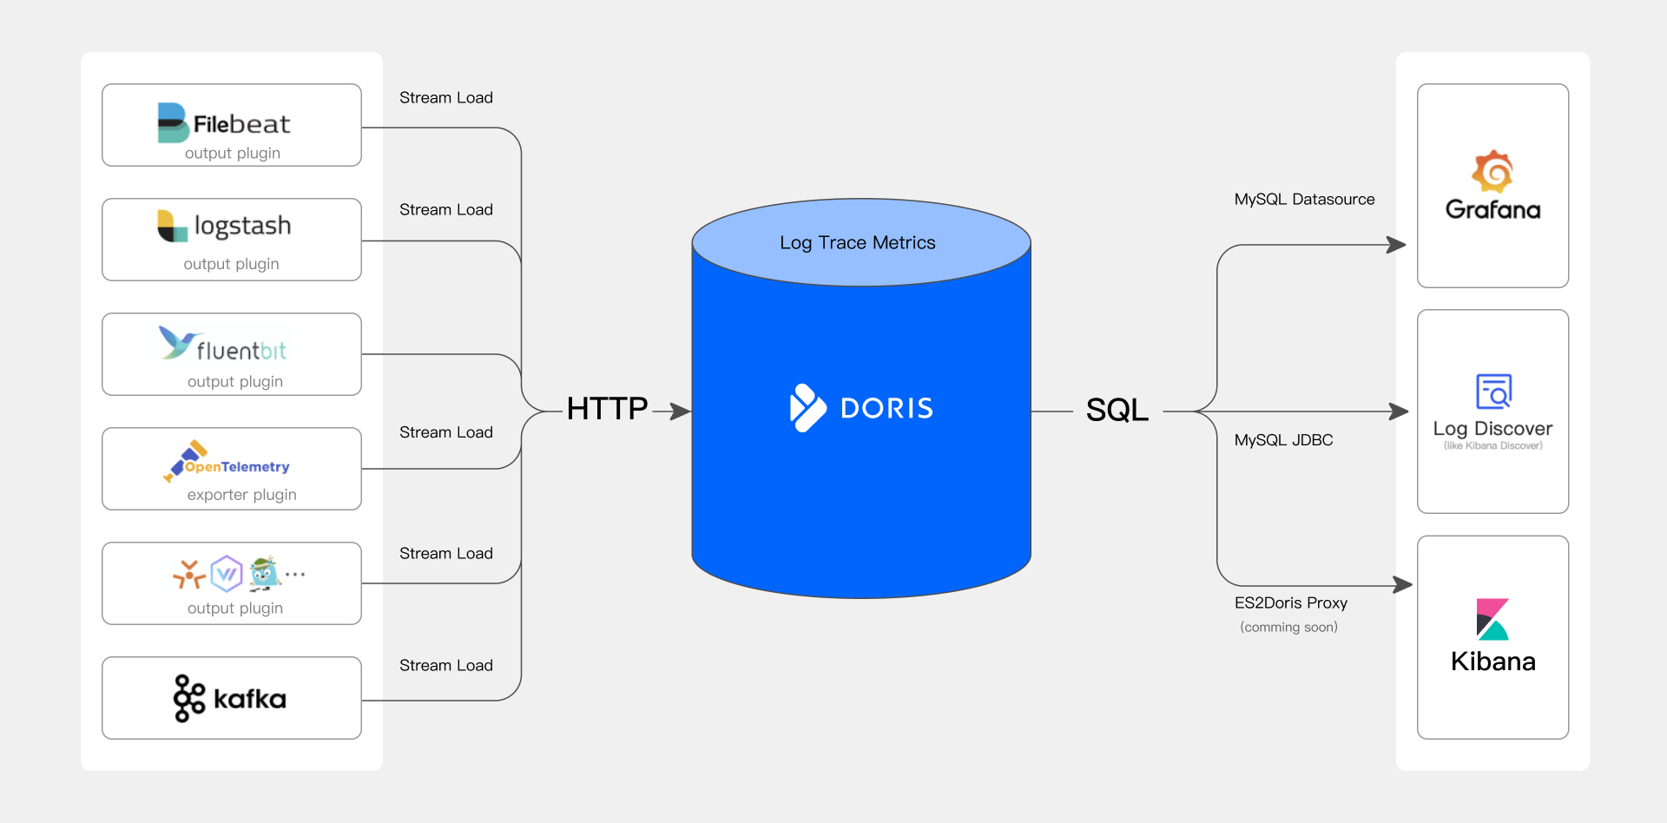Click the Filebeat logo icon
172,122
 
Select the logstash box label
242,226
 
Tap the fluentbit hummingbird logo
177,342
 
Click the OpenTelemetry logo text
236,467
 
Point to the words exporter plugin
241,495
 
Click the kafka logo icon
188,698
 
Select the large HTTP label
607,409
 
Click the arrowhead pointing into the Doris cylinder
682,411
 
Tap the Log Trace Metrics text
857,243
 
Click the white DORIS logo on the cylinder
860,408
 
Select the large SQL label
1117,410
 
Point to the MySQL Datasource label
1304,200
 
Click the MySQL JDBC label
1283,440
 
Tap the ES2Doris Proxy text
1290,602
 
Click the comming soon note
1288,627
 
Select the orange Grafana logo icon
1492,171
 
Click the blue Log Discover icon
1493,392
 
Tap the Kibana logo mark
1492,619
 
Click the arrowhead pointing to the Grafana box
1396,245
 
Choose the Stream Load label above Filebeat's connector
445,98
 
